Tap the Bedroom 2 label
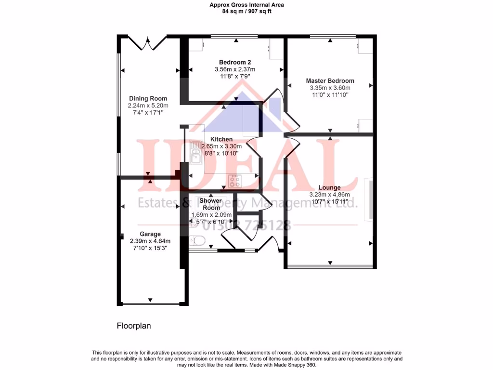235,62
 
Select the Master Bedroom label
330,81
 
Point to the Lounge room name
329,188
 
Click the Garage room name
150,234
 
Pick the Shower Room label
211,204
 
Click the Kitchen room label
221,139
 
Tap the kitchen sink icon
196,150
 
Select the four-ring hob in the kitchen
235,182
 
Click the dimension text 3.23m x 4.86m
329,195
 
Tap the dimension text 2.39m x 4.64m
150,241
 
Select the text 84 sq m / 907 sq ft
246,12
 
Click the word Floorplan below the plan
134,326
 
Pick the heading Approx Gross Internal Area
246,5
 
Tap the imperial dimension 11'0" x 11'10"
330,95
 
